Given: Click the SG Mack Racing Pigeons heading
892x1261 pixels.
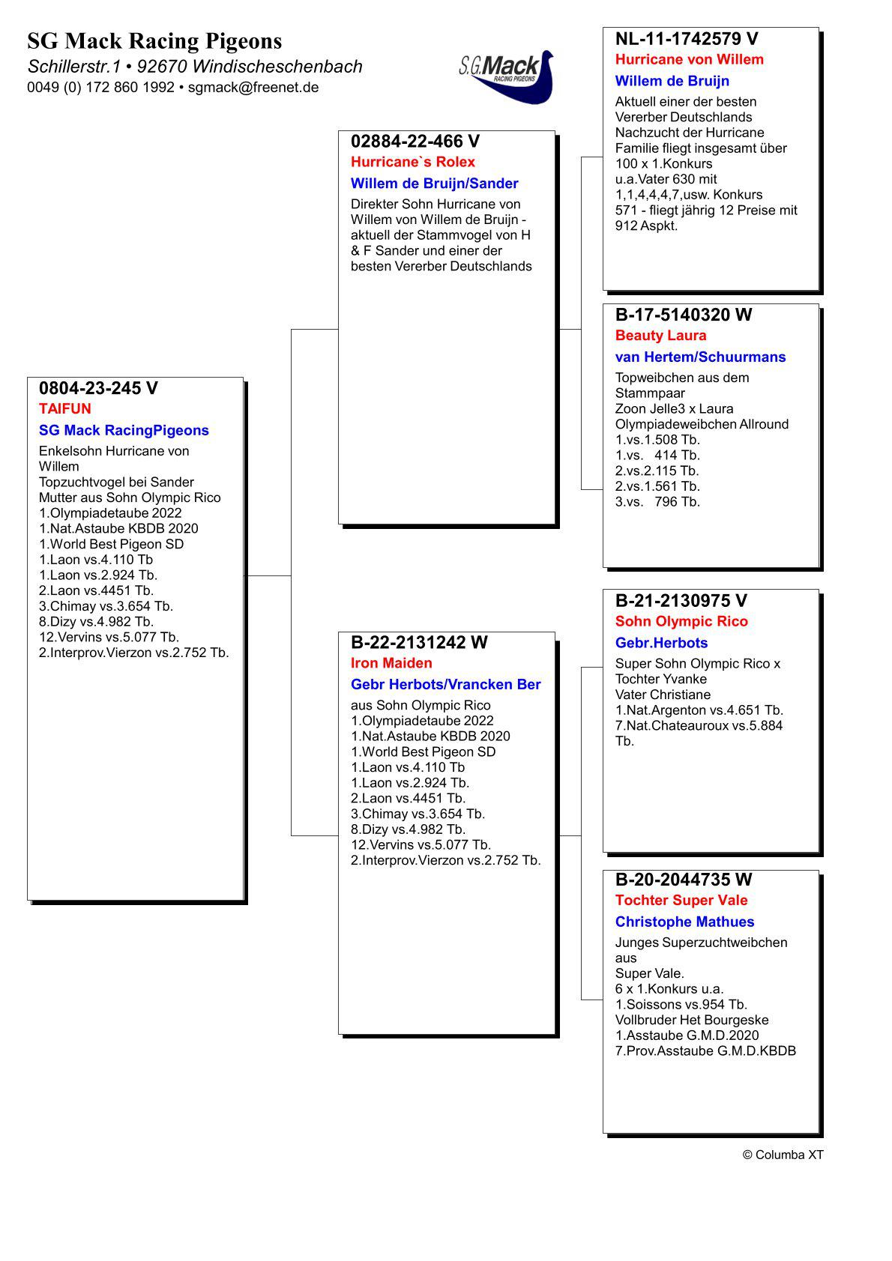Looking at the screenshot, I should [x=154, y=40].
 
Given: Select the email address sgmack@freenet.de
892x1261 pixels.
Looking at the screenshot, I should [x=253, y=88].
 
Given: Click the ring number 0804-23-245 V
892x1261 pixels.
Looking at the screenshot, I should [x=98, y=388].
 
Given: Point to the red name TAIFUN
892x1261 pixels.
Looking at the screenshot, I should [x=65, y=409].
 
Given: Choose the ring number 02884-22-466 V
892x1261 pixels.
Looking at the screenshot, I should [x=415, y=142].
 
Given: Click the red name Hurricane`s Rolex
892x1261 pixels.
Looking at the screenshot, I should [x=413, y=162].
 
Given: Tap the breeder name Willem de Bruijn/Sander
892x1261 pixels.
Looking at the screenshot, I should [x=434, y=184].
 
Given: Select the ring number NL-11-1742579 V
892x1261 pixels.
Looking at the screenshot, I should [x=687, y=39].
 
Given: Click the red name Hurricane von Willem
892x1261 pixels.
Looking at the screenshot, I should [x=690, y=60].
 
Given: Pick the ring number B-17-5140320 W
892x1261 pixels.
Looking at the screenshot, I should [x=684, y=315].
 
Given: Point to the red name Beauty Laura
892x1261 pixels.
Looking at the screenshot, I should [x=661, y=336].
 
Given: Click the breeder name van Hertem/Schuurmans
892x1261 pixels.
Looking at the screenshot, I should [x=700, y=357].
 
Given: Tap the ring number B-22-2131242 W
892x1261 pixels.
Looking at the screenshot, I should [x=419, y=642].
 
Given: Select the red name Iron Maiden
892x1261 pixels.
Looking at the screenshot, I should [x=391, y=663].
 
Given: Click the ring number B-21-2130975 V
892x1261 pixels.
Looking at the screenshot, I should [x=681, y=601].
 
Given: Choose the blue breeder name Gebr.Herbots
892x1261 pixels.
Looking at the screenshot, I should [x=661, y=643].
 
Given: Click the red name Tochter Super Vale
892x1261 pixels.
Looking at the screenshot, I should [x=681, y=901].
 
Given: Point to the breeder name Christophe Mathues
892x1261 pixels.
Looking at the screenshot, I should [x=684, y=922].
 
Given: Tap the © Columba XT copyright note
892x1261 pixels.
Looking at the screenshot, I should [x=783, y=1155].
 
